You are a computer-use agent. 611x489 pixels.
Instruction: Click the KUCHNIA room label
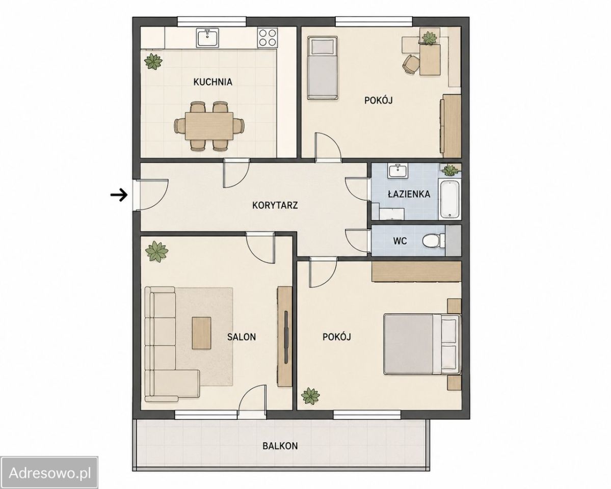(213, 82)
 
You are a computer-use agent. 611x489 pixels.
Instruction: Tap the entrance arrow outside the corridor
(119, 195)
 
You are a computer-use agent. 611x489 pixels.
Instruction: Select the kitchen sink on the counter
(208, 38)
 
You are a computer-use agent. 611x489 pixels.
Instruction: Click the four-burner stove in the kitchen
(268, 38)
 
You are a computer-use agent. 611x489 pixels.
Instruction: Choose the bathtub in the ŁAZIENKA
(449, 200)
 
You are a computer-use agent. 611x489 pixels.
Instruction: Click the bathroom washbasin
(397, 171)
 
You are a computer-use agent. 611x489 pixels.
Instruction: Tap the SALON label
(242, 337)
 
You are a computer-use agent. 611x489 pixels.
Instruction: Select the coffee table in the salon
(201, 333)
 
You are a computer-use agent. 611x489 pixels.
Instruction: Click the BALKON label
(280, 446)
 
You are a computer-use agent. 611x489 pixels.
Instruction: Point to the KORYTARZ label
(275, 205)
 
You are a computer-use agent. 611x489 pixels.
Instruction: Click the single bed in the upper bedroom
(322, 68)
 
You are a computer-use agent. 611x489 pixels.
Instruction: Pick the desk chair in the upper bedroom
(410, 64)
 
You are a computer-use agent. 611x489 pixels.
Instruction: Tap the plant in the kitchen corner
(153, 61)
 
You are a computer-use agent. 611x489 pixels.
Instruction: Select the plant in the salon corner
(156, 251)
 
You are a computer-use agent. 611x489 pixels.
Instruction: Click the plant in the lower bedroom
(310, 396)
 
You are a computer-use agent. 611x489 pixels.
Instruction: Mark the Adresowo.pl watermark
(49, 473)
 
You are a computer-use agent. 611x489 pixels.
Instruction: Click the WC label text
(400, 241)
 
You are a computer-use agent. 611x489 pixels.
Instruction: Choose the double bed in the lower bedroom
(422, 344)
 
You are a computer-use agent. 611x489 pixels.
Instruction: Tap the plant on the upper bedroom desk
(430, 38)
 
